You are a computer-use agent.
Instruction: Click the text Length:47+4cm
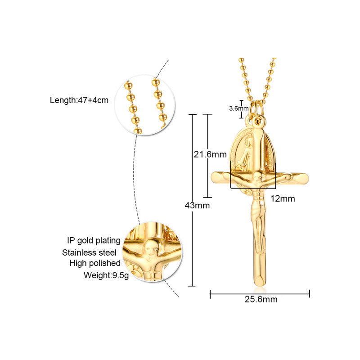tap(79, 100)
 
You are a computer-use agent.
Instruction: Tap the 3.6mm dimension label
tap(238, 108)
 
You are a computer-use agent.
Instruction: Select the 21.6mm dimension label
tap(210, 154)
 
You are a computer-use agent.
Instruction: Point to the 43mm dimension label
tap(198, 205)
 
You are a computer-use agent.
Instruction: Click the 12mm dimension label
tap(283, 198)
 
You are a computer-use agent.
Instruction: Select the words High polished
tap(94, 263)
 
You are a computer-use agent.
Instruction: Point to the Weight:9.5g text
tap(106, 275)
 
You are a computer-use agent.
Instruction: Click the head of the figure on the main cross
tap(259, 177)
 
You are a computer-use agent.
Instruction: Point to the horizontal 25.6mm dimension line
tap(260, 294)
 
